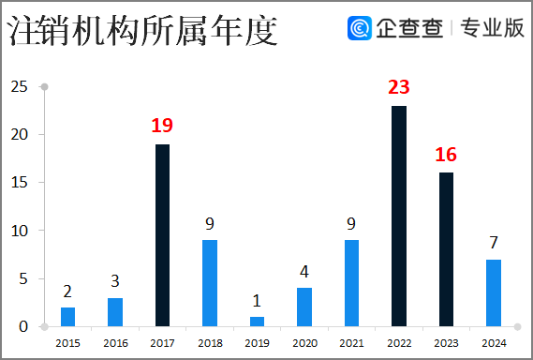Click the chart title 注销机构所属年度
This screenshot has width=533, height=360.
click(142, 32)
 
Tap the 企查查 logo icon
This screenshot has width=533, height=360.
click(359, 29)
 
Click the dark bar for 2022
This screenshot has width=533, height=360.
click(399, 216)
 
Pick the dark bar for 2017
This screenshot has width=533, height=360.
click(163, 234)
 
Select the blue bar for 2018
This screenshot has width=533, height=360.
click(210, 282)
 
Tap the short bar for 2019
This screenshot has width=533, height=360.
click(258, 322)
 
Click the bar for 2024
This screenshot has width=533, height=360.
click(494, 292)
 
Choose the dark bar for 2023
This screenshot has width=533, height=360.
click(446, 248)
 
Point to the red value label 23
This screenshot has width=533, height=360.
click(399, 87)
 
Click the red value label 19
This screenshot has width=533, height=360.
click(163, 125)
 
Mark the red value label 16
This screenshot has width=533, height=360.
click(446, 154)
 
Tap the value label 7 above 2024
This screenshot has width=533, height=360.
click(494, 243)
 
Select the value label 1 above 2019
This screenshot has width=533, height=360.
click(258, 301)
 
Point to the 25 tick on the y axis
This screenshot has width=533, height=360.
click(18, 87)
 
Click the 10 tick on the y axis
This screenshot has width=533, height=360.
click(18, 231)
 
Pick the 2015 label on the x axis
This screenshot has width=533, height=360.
click(67, 344)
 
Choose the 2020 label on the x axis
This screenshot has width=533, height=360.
click(304, 344)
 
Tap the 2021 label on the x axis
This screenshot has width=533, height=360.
click(351, 344)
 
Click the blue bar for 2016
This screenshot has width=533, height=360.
click(115, 312)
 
